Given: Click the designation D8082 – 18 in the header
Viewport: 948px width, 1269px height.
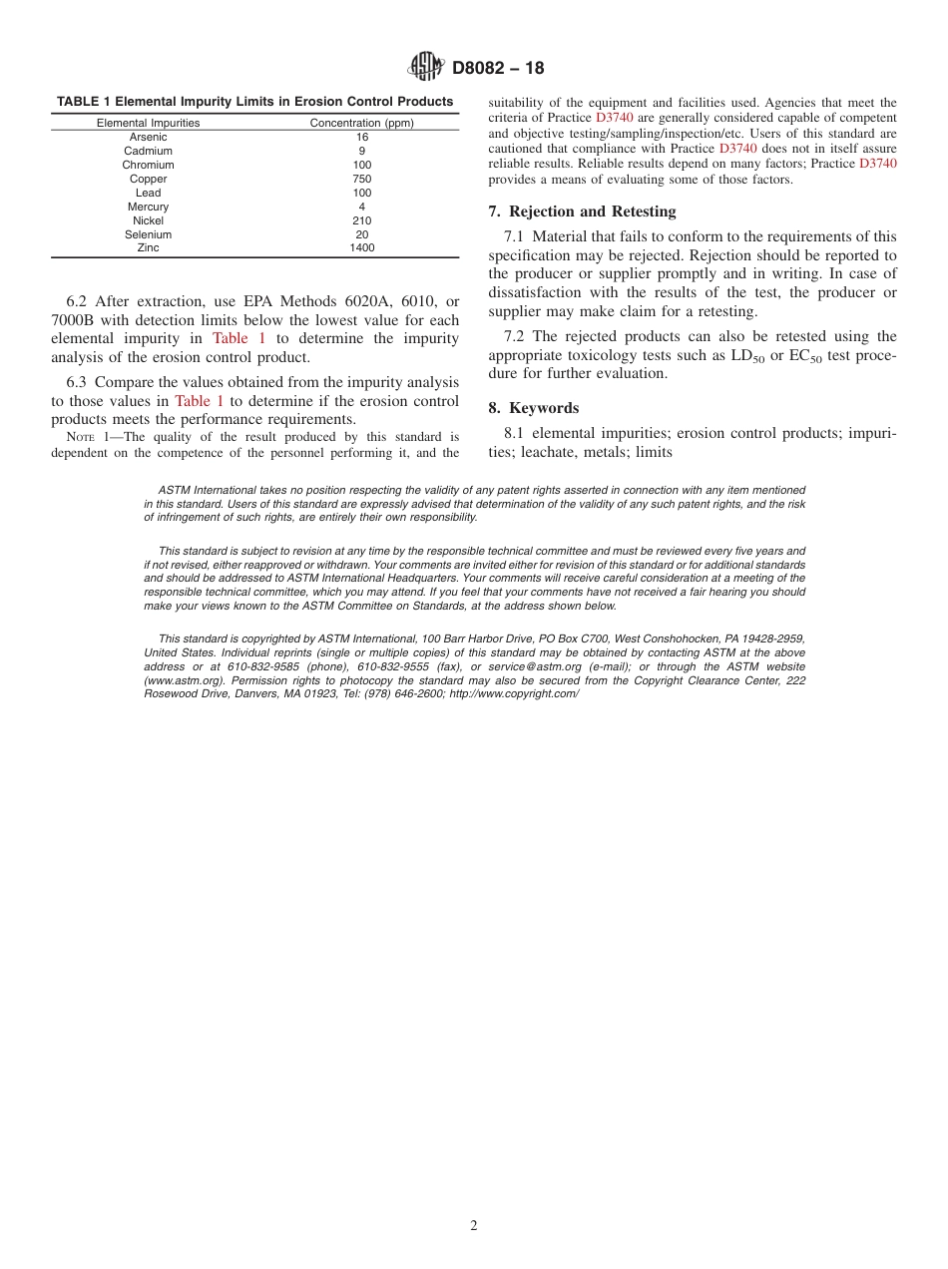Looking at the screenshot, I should tap(498, 69).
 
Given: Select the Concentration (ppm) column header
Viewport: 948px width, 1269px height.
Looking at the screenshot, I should tap(361, 123).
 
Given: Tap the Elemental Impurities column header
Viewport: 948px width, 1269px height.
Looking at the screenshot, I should tap(148, 123).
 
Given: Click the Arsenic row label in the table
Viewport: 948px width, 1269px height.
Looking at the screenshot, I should tap(148, 137).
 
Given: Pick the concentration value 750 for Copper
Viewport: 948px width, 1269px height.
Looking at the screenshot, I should tap(361, 179).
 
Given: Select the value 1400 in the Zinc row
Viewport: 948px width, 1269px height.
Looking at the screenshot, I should tap(361, 248).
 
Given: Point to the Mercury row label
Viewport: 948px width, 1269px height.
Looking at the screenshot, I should tap(148, 207).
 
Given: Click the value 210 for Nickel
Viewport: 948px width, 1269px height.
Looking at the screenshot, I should tap(361, 220).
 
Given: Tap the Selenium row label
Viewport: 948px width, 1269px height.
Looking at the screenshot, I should tap(148, 234).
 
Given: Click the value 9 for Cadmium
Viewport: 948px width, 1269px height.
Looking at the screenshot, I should tap(361, 151).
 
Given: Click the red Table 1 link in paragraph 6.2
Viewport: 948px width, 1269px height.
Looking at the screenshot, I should tap(238, 339).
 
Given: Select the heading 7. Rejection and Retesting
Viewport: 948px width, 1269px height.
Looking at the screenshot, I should tap(582, 211).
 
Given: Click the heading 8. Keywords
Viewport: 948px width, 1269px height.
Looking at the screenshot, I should tap(533, 408).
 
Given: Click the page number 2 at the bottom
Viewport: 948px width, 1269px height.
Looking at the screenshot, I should tap(474, 1226).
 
